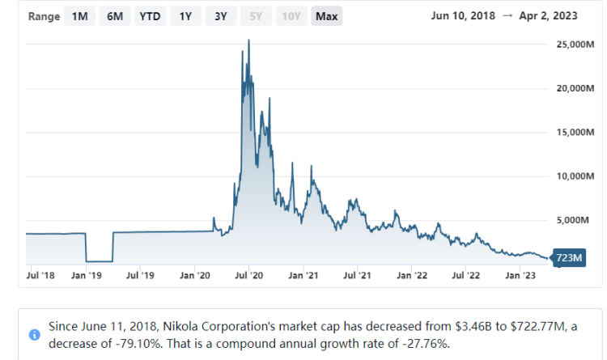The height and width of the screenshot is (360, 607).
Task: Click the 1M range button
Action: [x=79, y=17]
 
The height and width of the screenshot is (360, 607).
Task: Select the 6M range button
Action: [x=114, y=17]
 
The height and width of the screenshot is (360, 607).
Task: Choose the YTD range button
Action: [x=149, y=17]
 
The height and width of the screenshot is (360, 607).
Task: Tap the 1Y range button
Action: [x=185, y=17]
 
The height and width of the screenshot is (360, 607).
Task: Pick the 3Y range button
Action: [x=220, y=17]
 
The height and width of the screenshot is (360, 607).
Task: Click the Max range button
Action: [x=327, y=17]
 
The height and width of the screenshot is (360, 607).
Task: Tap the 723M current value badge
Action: [x=569, y=258]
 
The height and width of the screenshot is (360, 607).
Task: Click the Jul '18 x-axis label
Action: [x=40, y=276]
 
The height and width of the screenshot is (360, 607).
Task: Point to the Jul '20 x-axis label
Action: [x=248, y=276]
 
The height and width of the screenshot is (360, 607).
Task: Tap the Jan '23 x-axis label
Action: [x=519, y=276]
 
